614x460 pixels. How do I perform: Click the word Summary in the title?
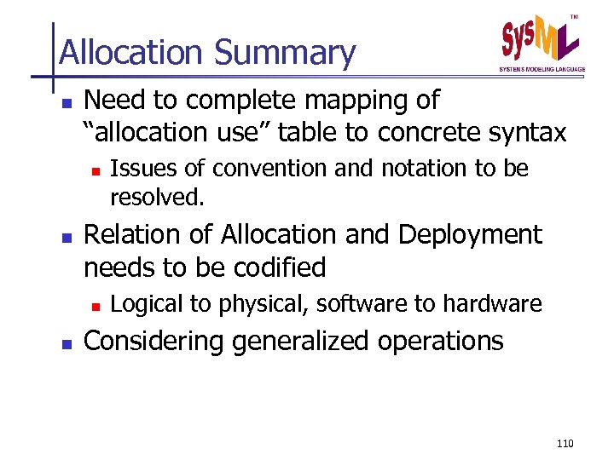pos(285,53)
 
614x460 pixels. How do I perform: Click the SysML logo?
pos(540,39)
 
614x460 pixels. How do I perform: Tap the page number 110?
pos(564,444)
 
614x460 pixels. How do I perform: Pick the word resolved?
pos(158,198)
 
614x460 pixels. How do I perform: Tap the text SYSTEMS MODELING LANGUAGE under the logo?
pos(542,69)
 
